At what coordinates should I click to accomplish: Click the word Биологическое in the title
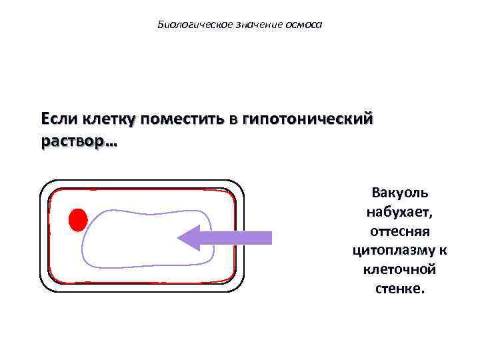[185, 25]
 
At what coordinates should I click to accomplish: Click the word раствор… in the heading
[78, 143]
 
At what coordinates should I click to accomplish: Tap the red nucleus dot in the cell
[78, 220]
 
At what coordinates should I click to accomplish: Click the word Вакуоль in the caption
[400, 193]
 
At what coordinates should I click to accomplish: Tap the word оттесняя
[400, 231]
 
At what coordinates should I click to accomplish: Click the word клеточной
[400, 270]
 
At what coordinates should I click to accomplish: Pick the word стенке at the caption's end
[399, 289]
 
